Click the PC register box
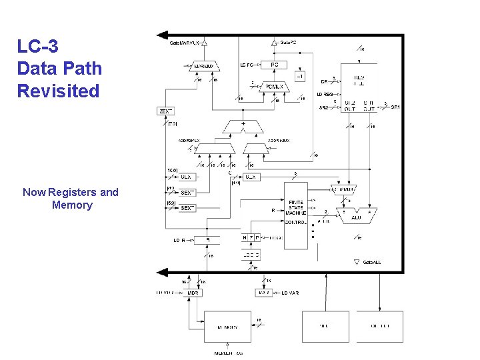274,65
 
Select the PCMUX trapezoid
274,86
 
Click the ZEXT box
165,111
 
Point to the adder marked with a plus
243,125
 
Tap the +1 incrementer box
301,75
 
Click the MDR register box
193,293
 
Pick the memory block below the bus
227,327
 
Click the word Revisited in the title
59,91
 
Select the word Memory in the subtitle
72,205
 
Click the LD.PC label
247,65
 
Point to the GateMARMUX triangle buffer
205,43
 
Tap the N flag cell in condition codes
245,238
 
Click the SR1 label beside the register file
395,107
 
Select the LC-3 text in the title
38,46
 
